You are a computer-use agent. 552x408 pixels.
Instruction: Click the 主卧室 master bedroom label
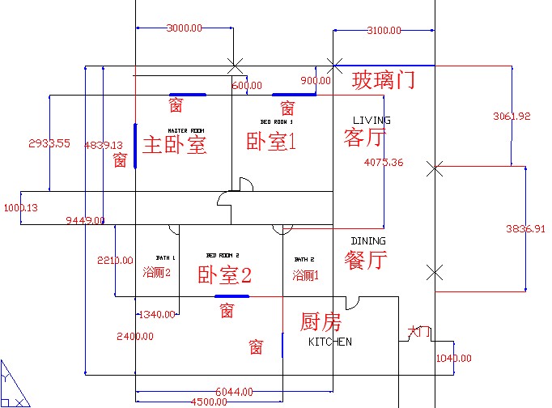(174, 145)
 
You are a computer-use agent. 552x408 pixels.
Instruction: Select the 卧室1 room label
(272, 142)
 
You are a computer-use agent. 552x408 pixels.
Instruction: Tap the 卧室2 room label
(225, 275)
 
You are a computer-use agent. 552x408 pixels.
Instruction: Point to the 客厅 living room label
(363, 136)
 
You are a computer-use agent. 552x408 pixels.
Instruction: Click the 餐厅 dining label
(365, 261)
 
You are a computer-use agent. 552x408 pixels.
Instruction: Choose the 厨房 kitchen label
(321, 322)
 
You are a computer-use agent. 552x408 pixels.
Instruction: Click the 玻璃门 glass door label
(384, 80)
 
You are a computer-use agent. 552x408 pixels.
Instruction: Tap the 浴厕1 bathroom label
(306, 275)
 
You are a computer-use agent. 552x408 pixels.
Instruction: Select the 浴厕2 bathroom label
(156, 272)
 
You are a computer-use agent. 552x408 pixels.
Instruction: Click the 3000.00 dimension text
(184, 28)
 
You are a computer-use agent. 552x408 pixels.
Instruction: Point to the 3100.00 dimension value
(384, 31)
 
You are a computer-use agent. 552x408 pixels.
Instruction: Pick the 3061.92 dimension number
(512, 117)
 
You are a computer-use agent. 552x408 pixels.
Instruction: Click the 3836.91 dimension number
(524, 229)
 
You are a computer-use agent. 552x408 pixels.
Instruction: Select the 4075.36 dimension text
(384, 163)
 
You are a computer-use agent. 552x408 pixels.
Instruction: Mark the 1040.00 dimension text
(453, 358)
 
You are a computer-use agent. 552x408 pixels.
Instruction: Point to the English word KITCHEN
(330, 342)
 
